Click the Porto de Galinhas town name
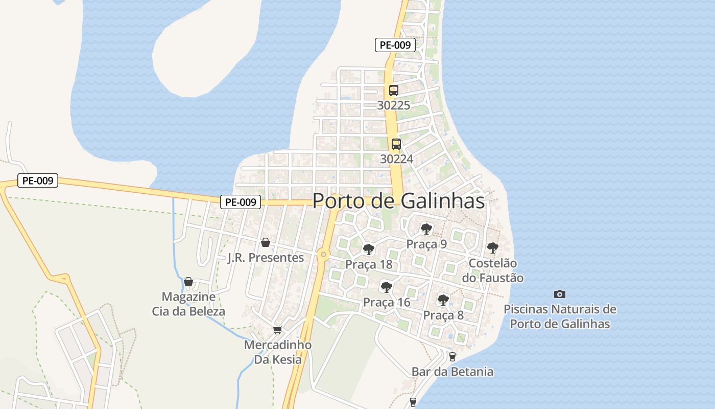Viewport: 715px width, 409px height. click(x=398, y=201)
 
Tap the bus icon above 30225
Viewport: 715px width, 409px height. click(x=393, y=90)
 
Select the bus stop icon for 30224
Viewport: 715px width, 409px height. click(x=396, y=144)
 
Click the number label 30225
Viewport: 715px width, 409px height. click(x=393, y=105)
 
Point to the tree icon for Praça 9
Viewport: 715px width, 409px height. click(x=426, y=229)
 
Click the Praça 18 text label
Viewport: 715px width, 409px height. click(x=369, y=264)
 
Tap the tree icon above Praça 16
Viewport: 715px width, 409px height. click(x=387, y=287)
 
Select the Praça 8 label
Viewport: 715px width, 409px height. click(x=443, y=315)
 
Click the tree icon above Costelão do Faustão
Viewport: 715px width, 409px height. click(x=492, y=248)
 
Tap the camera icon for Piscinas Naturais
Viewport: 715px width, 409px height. click(x=560, y=294)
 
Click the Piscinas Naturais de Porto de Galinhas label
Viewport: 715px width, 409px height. click(x=560, y=316)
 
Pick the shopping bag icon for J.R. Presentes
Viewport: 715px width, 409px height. click(x=265, y=242)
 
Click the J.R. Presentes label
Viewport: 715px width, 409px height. click(x=265, y=258)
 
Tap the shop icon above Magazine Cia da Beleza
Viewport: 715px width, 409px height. click(x=188, y=282)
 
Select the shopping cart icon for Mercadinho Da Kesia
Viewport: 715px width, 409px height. click(x=277, y=330)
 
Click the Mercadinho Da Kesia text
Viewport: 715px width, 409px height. click(x=277, y=352)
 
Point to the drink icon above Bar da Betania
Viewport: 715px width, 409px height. click(x=452, y=356)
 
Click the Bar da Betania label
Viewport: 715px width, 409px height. click(x=452, y=372)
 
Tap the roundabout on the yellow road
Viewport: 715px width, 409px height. click(x=323, y=254)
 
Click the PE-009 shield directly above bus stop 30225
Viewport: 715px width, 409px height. click(x=395, y=45)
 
